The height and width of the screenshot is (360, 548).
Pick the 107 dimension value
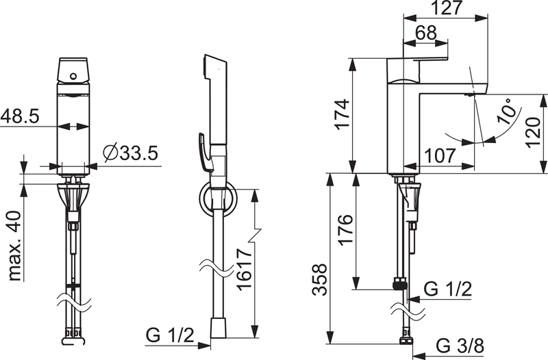click(438, 155)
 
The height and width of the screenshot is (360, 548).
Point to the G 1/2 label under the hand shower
click(171, 335)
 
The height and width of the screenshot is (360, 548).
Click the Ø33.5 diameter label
click(131, 153)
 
